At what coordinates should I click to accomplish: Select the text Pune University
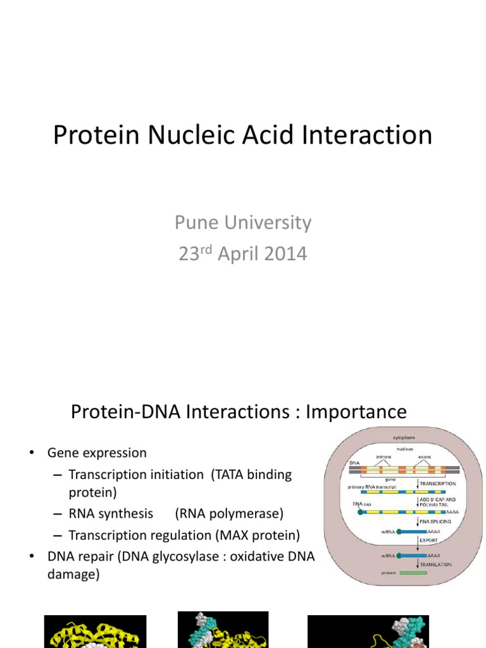click(x=243, y=223)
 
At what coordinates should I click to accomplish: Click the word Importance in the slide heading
click(x=356, y=412)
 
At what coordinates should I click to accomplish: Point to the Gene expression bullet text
click(x=97, y=453)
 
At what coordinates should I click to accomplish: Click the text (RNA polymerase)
click(x=230, y=513)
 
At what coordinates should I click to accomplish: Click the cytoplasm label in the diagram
click(x=405, y=438)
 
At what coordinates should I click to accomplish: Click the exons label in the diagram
click(x=425, y=456)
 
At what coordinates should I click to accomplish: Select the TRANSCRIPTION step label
click(x=438, y=483)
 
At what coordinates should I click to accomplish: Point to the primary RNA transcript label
click(x=372, y=487)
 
